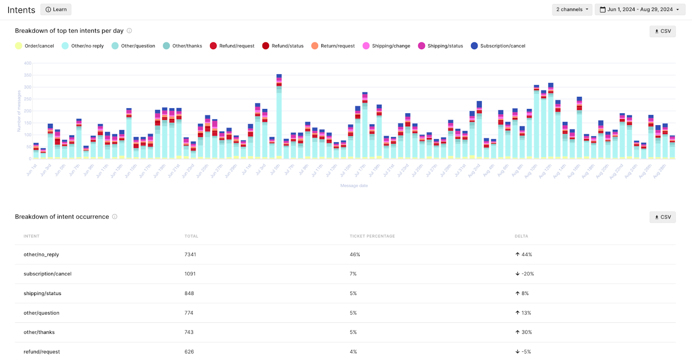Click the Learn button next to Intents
pos(56,10)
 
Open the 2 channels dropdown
pos(572,10)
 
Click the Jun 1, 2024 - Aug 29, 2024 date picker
pos(640,10)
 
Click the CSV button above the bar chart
pos(662,31)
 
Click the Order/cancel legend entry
pos(35,46)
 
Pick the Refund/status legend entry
pos(283,46)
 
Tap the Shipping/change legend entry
pos(386,46)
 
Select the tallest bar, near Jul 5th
pos(279,117)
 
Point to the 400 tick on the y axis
pos(28,63)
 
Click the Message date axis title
pos(354,186)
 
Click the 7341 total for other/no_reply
pos(190,254)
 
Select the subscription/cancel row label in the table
pos(48,274)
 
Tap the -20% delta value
pos(527,274)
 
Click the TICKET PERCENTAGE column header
pos(372,236)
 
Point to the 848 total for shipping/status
pos(189,293)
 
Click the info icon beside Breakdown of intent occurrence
pos(115,217)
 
